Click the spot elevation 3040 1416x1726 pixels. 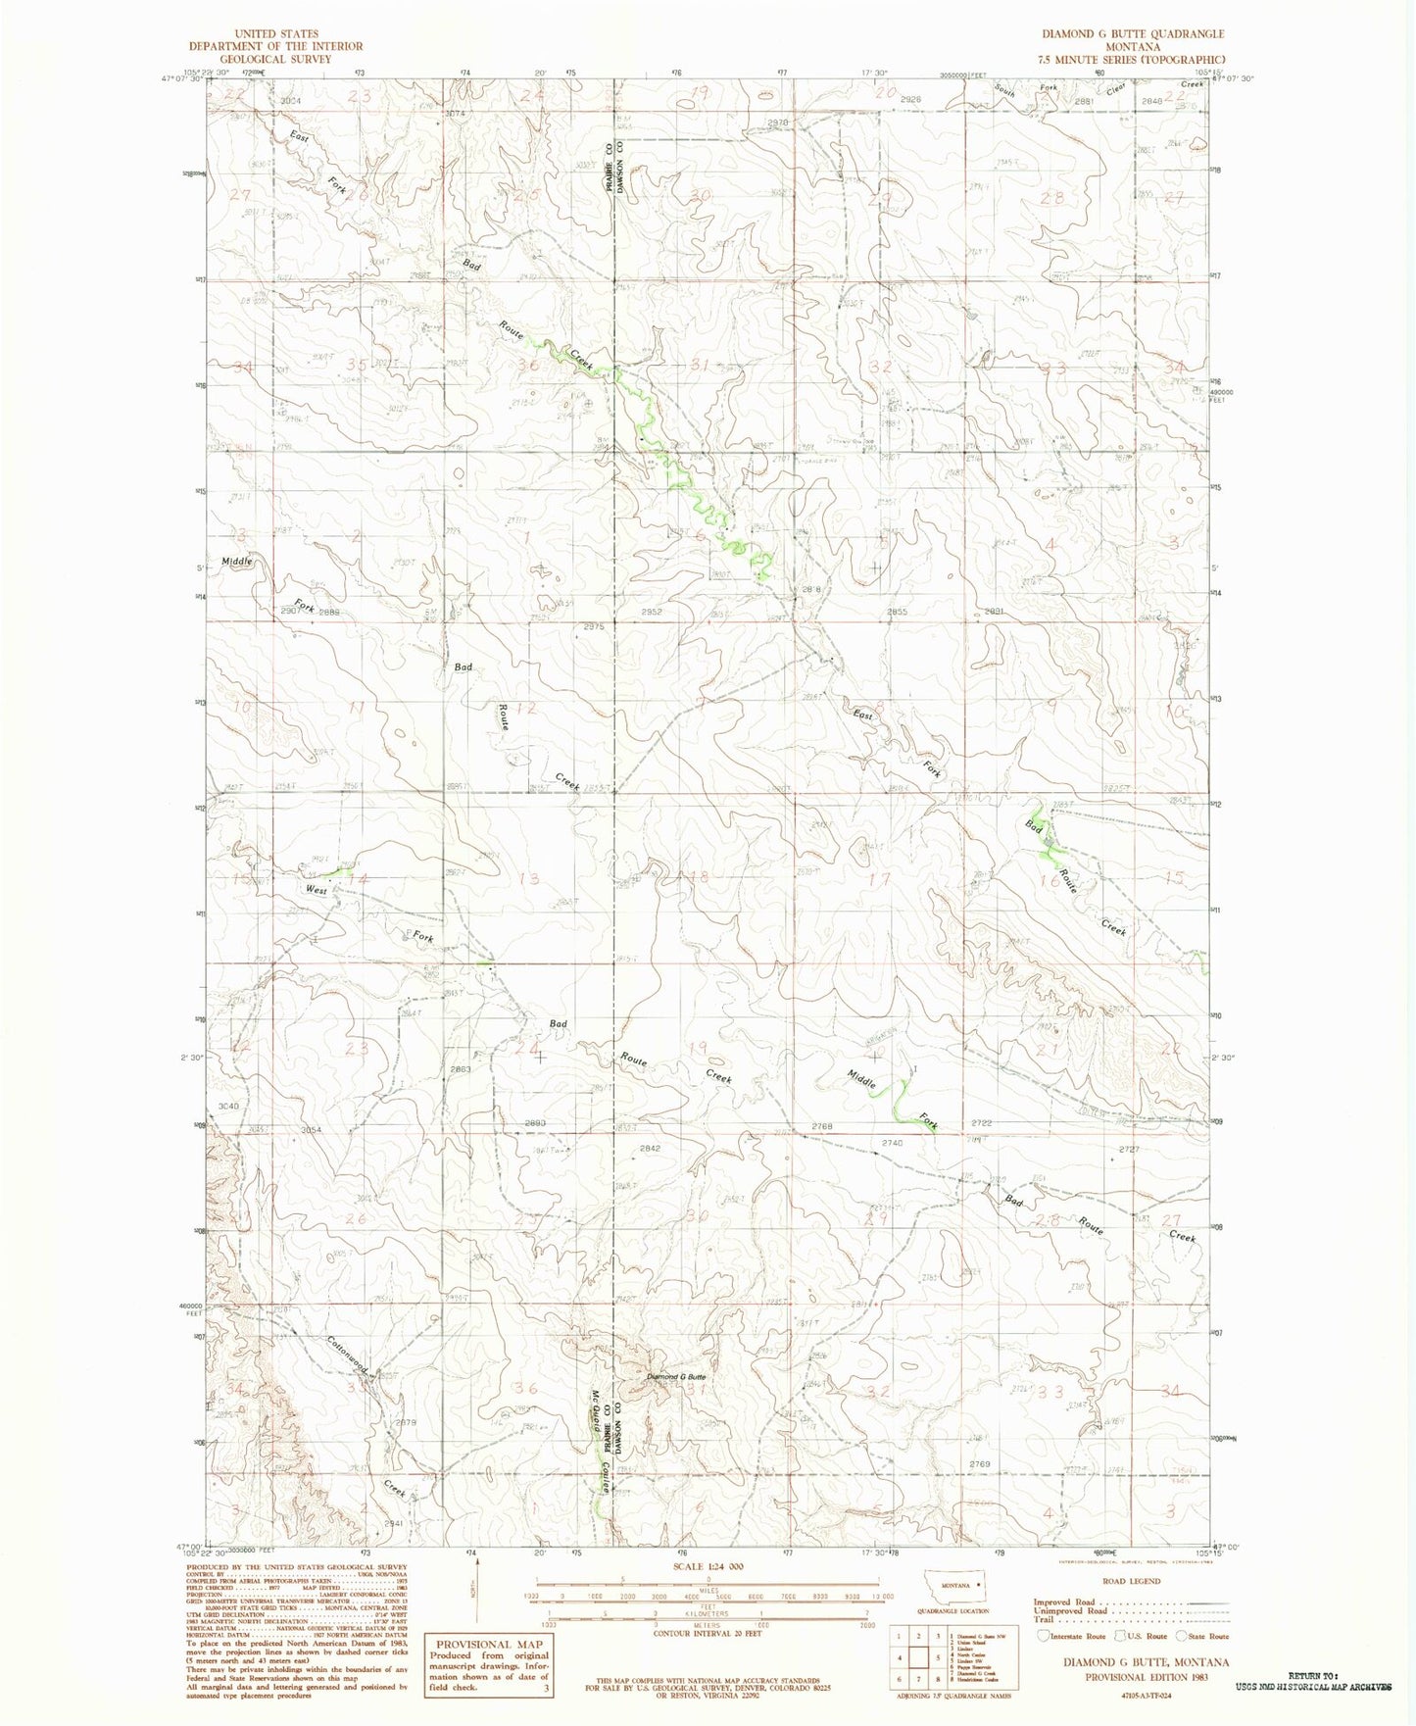[x=228, y=1106]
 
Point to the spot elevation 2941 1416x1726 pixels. [x=395, y=1524]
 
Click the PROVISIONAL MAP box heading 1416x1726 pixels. [x=487, y=1644]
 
